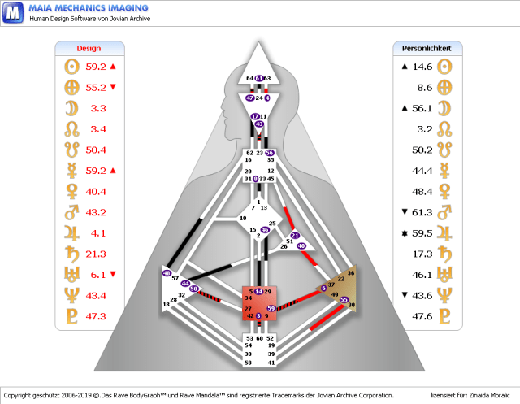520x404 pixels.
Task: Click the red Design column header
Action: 89,48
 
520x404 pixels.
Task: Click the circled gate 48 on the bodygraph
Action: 167,273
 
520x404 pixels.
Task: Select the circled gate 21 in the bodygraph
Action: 296,236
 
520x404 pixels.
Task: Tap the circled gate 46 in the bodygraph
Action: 265,230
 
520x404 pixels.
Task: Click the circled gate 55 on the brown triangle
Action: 344,300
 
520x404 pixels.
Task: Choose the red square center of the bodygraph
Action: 259,303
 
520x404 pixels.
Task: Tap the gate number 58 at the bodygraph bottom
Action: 248,362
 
